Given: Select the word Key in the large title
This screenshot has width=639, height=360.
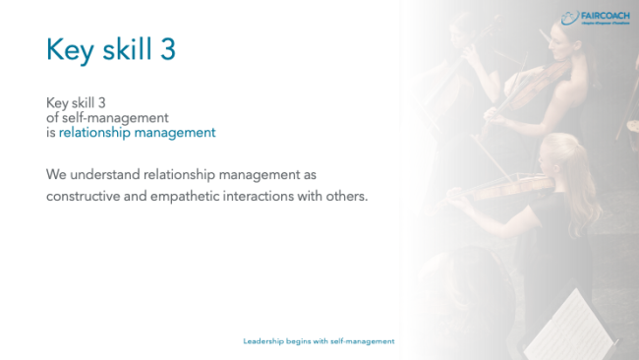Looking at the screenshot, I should tap(67, 51).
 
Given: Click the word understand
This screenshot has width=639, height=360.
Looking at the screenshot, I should tap(103, 174).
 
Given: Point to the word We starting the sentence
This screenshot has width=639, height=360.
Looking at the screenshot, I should tap(56, 174).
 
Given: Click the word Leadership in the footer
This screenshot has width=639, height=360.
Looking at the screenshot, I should tap(262, 341).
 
